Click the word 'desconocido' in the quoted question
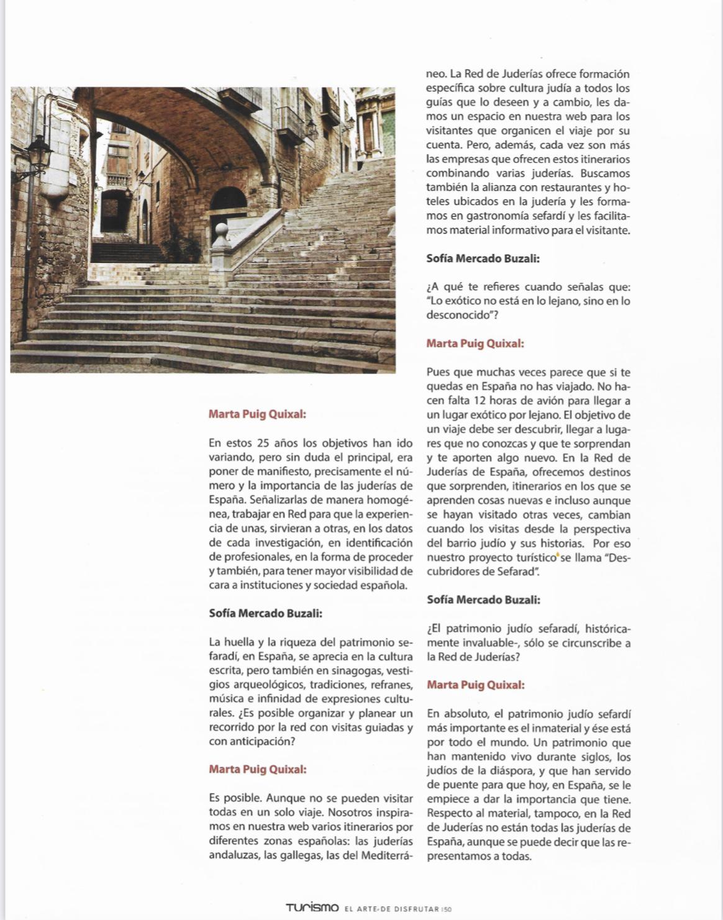[458, 316]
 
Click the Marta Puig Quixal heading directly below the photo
[257, 414]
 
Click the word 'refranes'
[391, 685]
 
